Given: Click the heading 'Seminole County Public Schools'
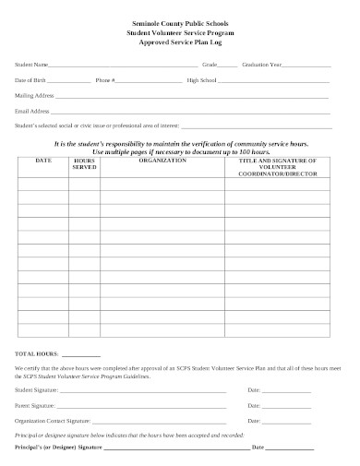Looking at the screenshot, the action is tap(181, 20).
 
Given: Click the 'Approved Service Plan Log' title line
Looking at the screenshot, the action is tap(181, 42).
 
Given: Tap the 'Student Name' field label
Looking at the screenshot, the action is tap(30, 66).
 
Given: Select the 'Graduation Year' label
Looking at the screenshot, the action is tap(260, 66).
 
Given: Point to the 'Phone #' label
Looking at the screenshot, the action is tap(105, 80).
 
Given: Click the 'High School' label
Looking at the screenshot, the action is tap(201, 80).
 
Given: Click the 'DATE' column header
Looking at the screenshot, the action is tap(42, 160).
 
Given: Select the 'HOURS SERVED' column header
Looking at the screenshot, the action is tap(84, 163).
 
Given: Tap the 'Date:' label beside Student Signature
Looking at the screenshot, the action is tap(254, 390).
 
